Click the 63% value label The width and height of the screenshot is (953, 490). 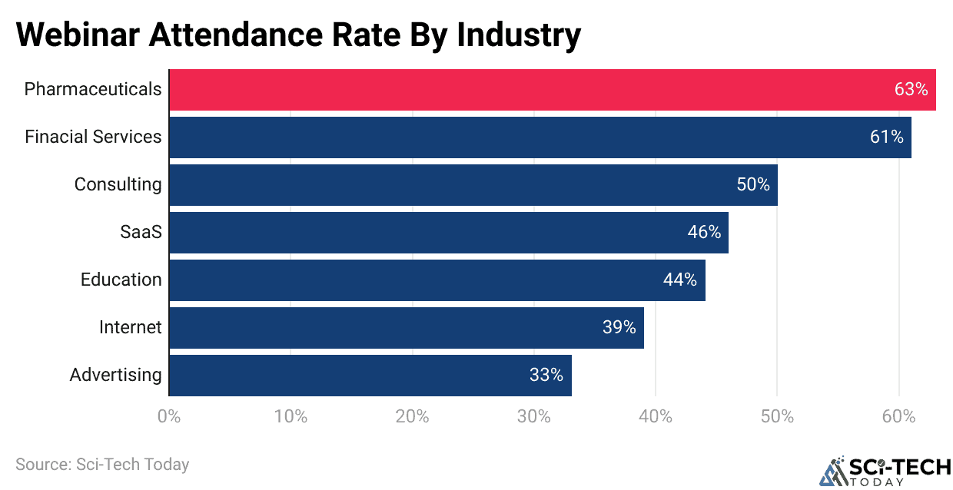(x=911, y=90)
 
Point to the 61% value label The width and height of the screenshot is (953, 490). (x=886, y=137)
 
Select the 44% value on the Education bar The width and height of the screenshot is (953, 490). (x=680, y=280)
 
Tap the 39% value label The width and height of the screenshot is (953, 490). (x=619, y=328)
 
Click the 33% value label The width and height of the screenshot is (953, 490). (x=546, y=376)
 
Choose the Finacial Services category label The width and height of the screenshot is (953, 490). (x=93, y=137)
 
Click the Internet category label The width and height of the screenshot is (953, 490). (x=131, y=328)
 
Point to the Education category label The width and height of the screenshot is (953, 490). (x=121, y=280)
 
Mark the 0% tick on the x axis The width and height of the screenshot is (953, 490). (x=169, y=417)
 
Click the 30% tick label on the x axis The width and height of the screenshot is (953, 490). (x=533, y=417)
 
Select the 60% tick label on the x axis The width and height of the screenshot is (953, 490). (x=898, y=417)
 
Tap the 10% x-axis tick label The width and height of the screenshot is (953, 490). (x=291, y=417)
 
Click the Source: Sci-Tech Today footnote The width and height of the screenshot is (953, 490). (x=102, y=465)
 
